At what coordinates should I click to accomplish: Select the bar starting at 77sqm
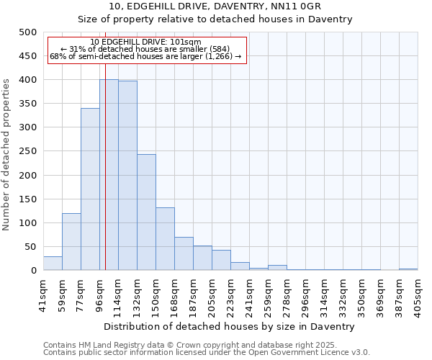tap(90, 189)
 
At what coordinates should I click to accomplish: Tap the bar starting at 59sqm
tap(71, 242)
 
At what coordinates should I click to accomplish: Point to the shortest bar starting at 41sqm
tap(53, 264)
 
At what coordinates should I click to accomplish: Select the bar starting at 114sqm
tap(127, 176)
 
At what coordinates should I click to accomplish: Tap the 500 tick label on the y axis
tap(27, 32)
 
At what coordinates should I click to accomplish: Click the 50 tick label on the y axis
tap(30, 247)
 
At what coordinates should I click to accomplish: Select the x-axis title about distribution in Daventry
tap(230, 327)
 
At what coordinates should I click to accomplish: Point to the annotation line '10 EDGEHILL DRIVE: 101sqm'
tap(146, 42)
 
